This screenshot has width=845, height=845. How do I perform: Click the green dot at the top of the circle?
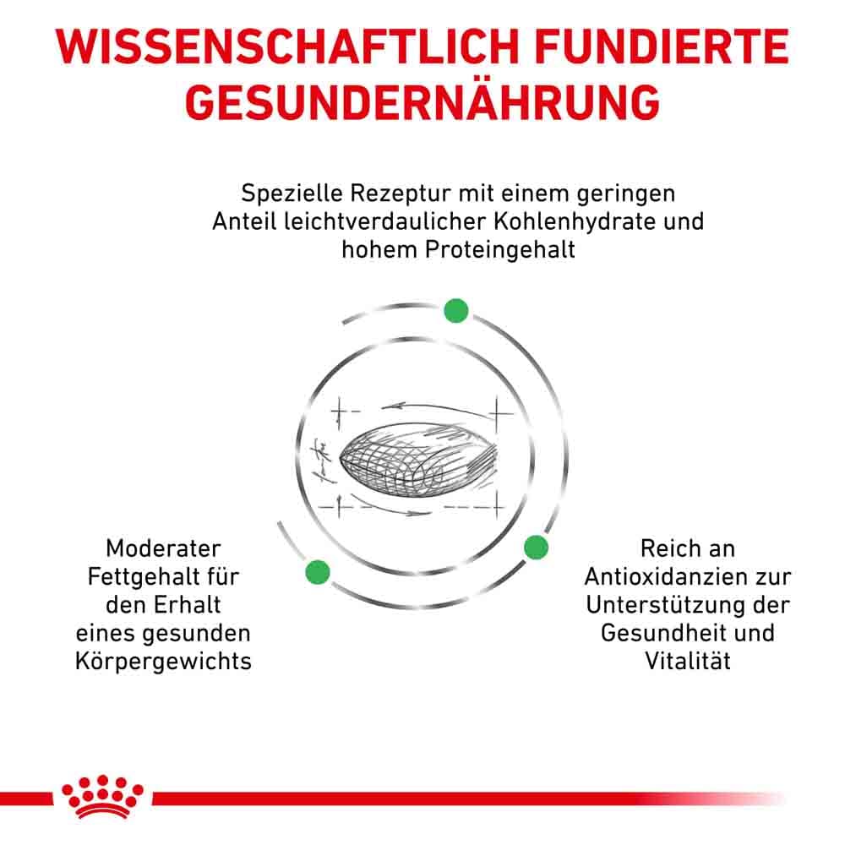coord(455,310)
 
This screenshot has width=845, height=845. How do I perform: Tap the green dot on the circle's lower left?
coord(317,571)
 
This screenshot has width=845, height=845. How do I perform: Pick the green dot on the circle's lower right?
coord(536,548)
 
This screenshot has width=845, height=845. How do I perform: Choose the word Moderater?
coord(164,549)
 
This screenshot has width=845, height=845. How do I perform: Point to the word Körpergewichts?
coord(164,661)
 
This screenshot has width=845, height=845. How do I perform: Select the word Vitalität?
coord(688,661)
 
